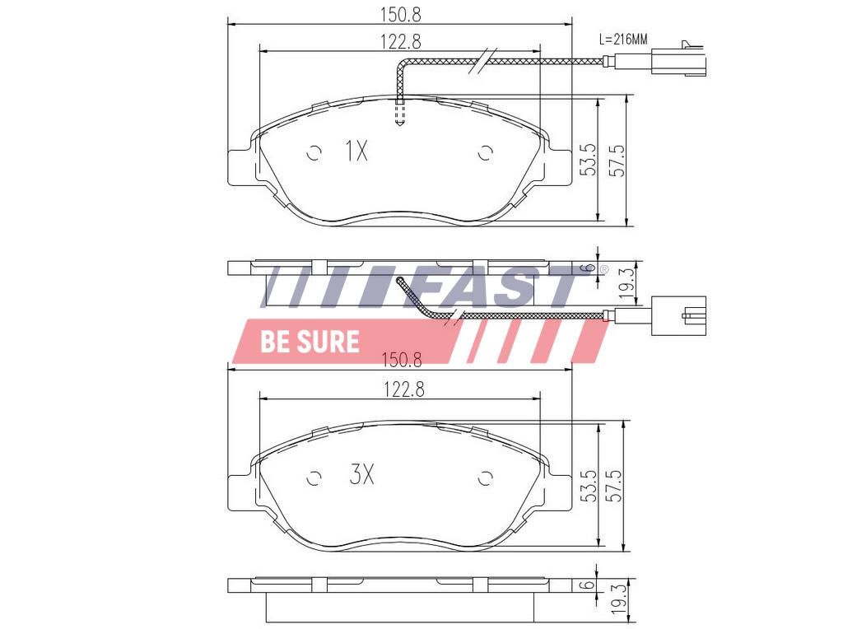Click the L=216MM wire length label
pyautogui.click(x=623, y=40)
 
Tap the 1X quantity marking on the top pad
pyautogui.click(x=356, y=151)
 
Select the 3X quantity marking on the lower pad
pyautogui.click(x=361, y=473)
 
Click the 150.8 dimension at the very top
pyautogui.click(x=401, y=15)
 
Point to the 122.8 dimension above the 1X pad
pyautogui.click(x=401, y=41)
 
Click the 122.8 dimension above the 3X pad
pyautogui.click(x=403, y=389)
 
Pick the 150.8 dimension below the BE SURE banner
pyautogui.click(x=402, y=360)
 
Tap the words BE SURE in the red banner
pyautogui.click(x=310, y=342)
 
